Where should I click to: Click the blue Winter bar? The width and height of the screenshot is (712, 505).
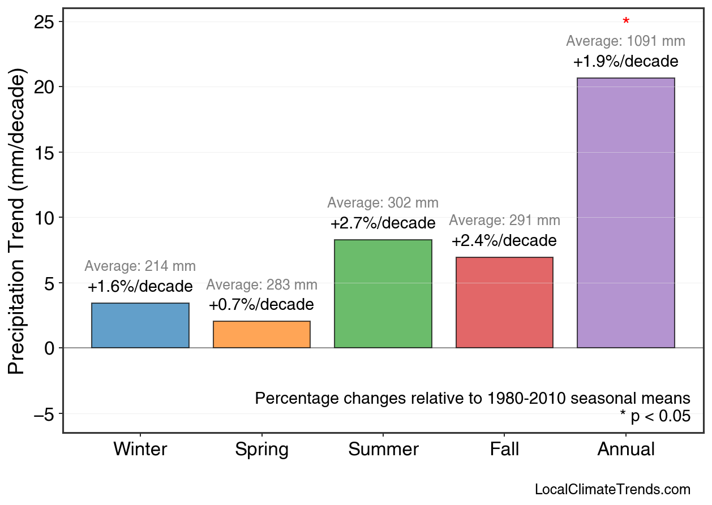pos(140,326)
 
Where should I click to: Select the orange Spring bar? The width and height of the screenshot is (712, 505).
pos(261,335)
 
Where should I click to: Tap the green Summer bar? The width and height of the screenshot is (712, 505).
pos(383,294)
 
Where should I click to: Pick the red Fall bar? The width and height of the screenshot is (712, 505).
pos(504,303)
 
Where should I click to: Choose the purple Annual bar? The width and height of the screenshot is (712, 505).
pos(625,213)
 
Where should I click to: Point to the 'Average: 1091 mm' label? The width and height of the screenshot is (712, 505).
pos(625,41)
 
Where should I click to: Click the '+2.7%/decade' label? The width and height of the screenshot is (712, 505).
pos(383,223)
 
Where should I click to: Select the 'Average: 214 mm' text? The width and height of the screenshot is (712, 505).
pos(140,266)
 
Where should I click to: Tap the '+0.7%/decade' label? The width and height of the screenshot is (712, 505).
pos(261,305)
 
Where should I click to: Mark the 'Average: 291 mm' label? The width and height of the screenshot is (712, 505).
pos(504,221)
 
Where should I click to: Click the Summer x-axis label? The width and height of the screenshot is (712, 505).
pos(383,450)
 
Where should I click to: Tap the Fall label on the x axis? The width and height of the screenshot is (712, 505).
pos(504,450)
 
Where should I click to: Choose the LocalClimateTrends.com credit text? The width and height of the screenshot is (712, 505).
pos(612,489)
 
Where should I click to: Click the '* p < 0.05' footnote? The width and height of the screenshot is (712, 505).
pos(655,416)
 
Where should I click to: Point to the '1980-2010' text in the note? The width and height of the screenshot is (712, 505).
pos(526,398)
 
